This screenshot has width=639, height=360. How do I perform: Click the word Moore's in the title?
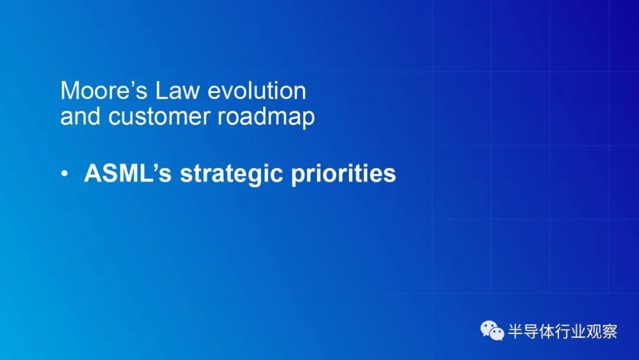pos(104,91)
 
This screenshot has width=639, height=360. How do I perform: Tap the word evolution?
pos(257,91)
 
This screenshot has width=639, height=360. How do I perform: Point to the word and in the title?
pos(80,116)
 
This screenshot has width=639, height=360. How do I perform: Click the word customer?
pos(159,117)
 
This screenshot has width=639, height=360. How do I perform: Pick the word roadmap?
pos(266,117)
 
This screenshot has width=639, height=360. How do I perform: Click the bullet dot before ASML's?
pos(64,173)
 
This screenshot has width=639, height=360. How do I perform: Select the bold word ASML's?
pos(128,173)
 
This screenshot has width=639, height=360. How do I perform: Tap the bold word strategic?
pos(231,175)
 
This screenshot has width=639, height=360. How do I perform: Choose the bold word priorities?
pos(343,175)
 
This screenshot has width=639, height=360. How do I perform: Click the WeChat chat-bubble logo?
pos(492,330)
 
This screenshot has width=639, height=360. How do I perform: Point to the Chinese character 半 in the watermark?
pos(515,331)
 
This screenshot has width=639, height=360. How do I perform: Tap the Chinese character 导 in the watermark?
pos(531,331)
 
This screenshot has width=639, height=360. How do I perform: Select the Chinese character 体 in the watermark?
pos(547,331)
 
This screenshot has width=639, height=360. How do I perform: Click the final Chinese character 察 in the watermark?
pos(609,331)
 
